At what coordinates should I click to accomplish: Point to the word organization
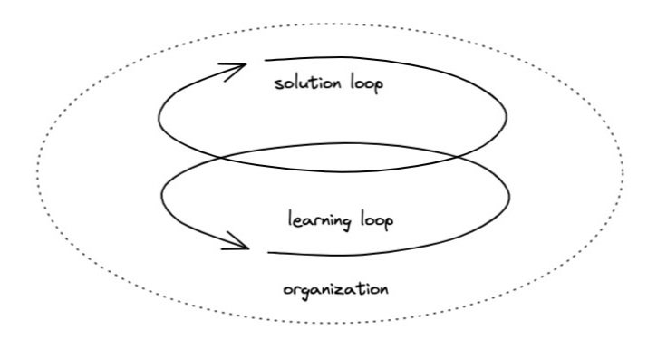335,290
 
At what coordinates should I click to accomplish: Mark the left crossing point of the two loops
220,158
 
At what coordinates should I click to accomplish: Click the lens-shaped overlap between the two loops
335,161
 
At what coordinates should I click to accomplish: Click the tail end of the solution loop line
264,61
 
